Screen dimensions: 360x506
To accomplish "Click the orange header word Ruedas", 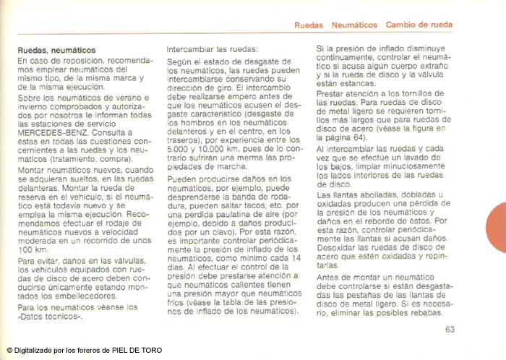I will [x=309, y=25].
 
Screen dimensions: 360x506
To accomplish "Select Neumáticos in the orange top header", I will [x=354, y=25].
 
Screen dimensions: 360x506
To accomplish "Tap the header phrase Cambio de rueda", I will [x=419, y=25].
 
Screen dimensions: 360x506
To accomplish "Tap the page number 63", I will [x=450, y=330].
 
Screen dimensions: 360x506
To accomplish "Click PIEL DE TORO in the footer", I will [x=138, y=351].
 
